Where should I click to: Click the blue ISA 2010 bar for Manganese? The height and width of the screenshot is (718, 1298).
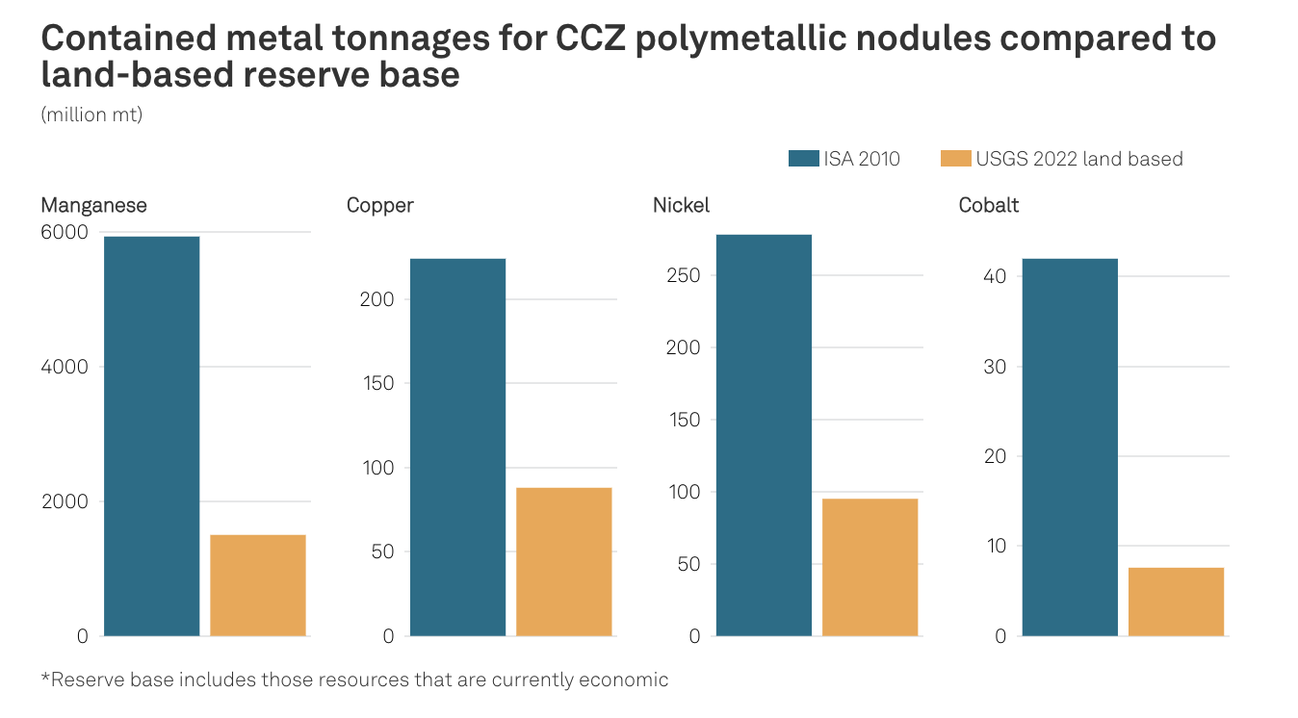[151, 436]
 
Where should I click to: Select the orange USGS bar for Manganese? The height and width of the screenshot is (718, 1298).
[258, 585]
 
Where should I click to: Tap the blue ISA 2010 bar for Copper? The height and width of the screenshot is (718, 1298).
[457, 447]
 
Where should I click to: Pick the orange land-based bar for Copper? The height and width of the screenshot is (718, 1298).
[564, 561]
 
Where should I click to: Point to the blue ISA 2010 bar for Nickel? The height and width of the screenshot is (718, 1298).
[764, 435]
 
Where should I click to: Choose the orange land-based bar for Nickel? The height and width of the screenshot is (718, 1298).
[870, 567]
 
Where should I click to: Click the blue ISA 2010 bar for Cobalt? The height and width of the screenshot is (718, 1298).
[1070, 447]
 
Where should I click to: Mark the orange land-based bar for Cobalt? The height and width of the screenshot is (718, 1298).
[1177, 602]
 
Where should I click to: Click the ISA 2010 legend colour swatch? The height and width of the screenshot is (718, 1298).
[802, 159]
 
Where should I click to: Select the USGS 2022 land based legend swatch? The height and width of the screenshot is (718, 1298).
[955, 159]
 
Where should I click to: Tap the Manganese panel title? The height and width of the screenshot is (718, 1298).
[93, 205]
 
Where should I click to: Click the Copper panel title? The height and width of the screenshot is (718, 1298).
[379, 205]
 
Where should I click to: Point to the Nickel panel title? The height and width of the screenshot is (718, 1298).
[681, 205]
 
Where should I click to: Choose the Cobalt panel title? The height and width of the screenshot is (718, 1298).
[988, 205]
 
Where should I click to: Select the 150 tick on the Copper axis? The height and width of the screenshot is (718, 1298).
[376, 383]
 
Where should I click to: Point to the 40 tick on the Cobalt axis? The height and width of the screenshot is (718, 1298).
[995, 276]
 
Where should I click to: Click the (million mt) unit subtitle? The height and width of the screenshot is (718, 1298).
[91, 115]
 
